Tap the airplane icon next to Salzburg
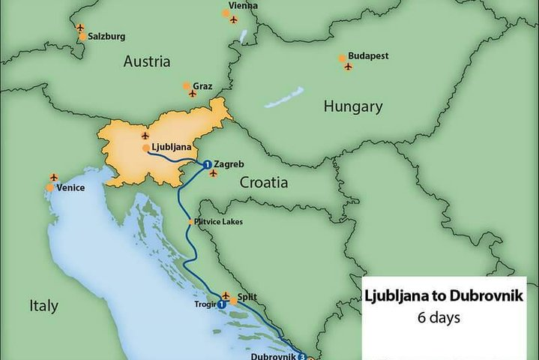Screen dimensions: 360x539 point(80,28)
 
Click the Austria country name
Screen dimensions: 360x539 point(147,61)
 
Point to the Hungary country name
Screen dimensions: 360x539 point(353,106)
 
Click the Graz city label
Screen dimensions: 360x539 point(202,86)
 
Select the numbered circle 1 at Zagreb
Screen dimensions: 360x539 point(207,163)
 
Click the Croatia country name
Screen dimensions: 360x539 point(264,181)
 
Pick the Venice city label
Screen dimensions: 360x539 point(70,188)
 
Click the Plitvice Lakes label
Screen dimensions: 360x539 point(219,221)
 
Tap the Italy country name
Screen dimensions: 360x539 point(43,305)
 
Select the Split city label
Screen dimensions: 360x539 point(247,298)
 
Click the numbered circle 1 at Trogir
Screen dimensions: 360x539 point(222,304)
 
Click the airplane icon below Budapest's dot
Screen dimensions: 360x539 point(348,67)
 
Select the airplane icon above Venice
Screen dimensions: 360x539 point(53,177)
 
